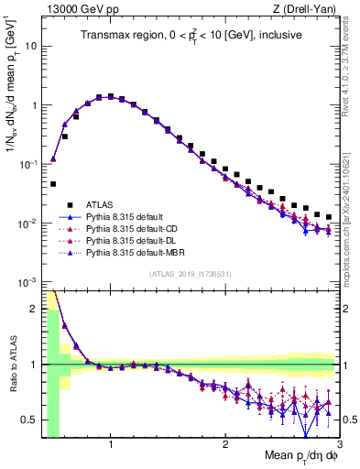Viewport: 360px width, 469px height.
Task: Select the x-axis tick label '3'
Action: (x=338, y=445)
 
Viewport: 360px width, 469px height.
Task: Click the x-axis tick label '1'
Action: (x=111, y=445)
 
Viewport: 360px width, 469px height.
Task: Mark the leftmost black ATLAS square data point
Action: (x=53, y=183)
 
